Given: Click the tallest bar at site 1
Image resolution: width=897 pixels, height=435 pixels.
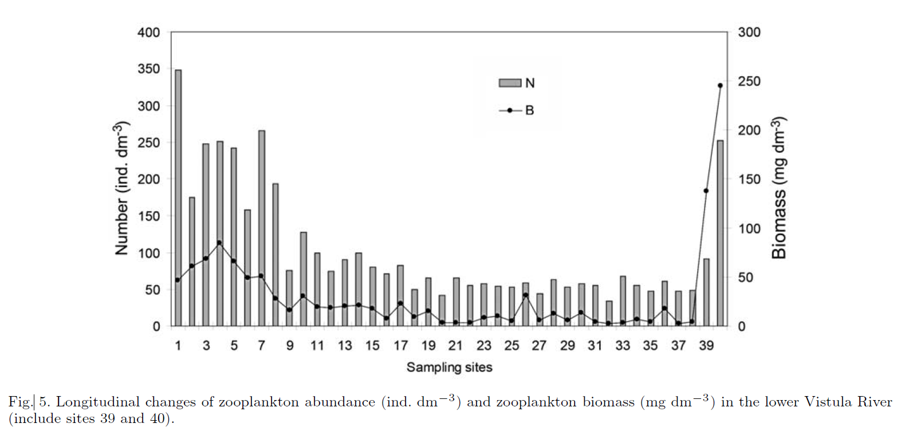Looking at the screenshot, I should pos(178,197).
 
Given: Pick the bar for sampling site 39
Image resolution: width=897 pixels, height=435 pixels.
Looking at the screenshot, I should pos(706,292).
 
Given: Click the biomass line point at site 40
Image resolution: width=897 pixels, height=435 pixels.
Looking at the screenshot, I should pos(720,85).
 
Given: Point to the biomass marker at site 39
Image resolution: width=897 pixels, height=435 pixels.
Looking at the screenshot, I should pos(706,191).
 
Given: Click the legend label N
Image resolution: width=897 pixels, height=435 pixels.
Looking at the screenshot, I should pos(530,83).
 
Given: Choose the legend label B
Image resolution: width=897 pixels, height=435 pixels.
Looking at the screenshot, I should pos(530,110).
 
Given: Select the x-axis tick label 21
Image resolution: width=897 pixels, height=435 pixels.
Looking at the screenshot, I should pos(456,346).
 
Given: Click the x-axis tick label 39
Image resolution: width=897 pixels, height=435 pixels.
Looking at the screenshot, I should pos(706,346).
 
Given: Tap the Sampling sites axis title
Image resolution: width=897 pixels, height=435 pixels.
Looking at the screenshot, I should pos(449,367).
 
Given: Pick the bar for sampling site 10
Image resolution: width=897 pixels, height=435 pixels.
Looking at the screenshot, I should pos(304,279).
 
